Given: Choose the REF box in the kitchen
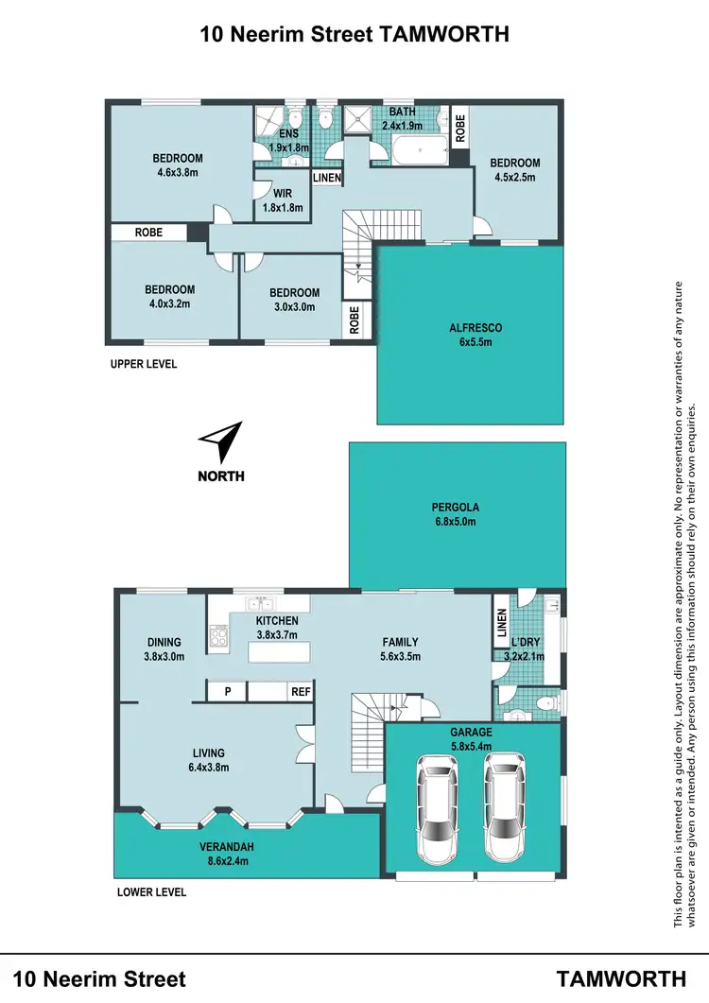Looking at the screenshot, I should tap(301, 692).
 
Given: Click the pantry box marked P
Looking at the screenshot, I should tap(227, 692).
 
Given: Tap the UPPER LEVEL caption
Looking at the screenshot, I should tap(144, 364).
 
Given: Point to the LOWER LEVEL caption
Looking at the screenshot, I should tap(151, 891).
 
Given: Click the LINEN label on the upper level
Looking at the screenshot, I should tap(327, 178).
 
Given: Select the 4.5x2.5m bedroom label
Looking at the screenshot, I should tap(515, 169).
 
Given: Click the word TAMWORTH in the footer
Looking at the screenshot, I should tap(621, 978).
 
